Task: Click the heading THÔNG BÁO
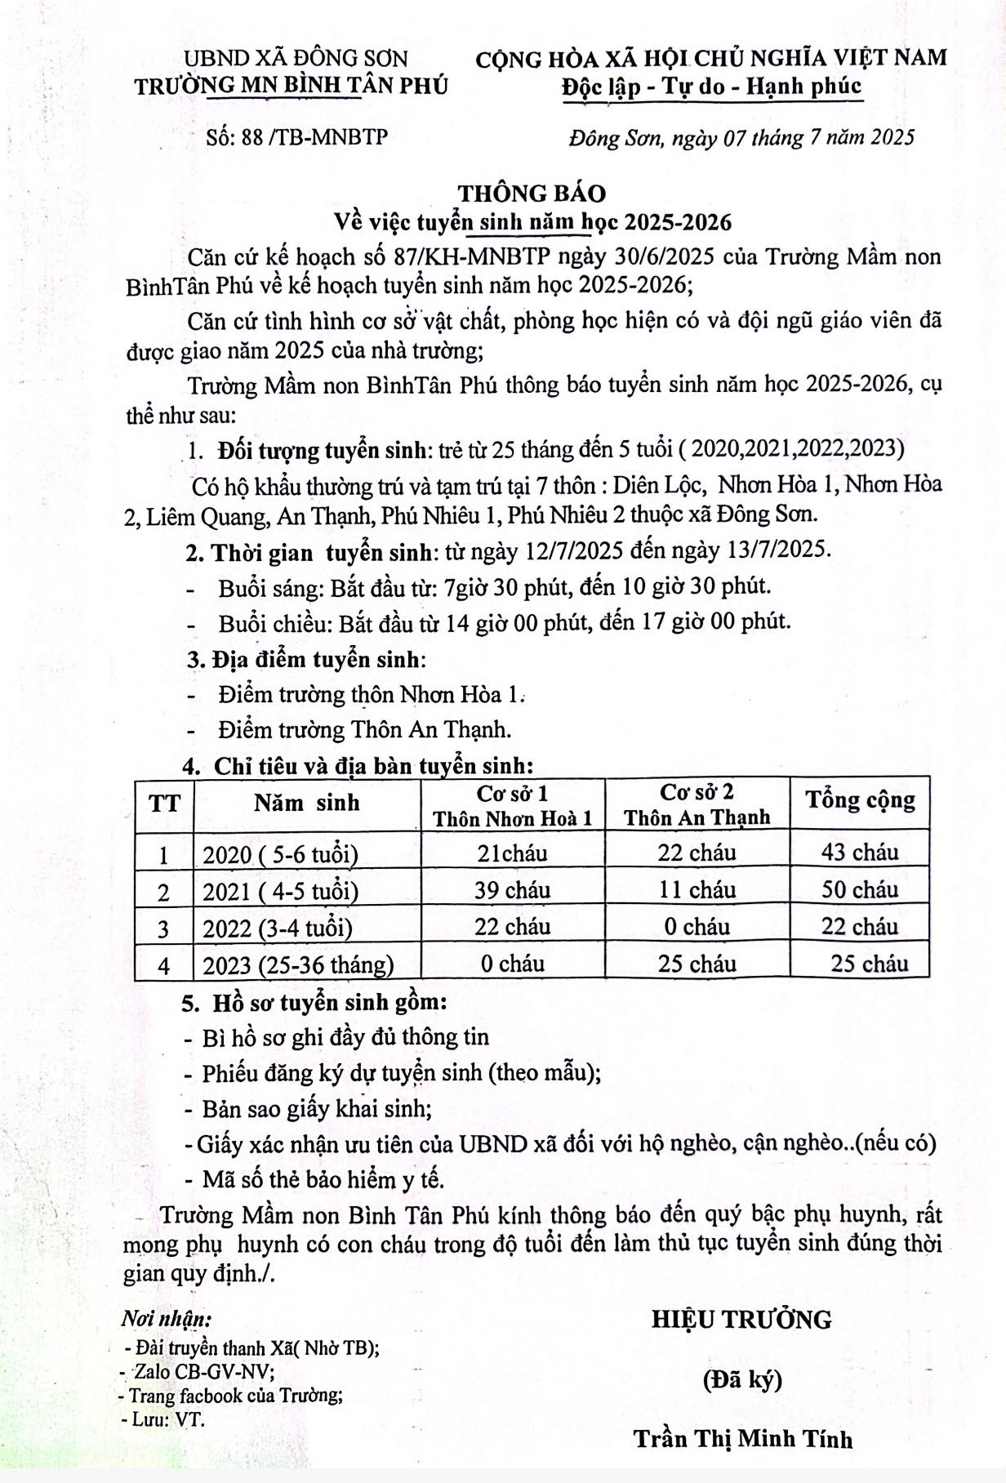click(532, 194)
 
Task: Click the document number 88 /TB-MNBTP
click(297, 137)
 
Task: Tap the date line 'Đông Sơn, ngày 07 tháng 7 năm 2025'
click(741, 137)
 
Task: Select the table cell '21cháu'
click(512, 853)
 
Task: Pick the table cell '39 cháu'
click(512, 890)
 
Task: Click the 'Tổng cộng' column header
click(860, 800)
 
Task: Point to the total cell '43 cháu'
click(860, 853)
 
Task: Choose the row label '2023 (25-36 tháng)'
click(298, 965)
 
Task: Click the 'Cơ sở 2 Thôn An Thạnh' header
click(697, 804)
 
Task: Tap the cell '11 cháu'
click(697, 890)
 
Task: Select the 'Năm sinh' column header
click(306, 803)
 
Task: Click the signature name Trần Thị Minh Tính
click(742, 1439)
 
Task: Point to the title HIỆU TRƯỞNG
click(741, 1319)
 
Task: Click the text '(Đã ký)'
click(742, 1379)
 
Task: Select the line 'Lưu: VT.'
click(162, 1419)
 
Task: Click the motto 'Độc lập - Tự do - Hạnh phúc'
click(711, 86)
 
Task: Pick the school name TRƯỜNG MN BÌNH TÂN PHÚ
click(291, 86)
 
